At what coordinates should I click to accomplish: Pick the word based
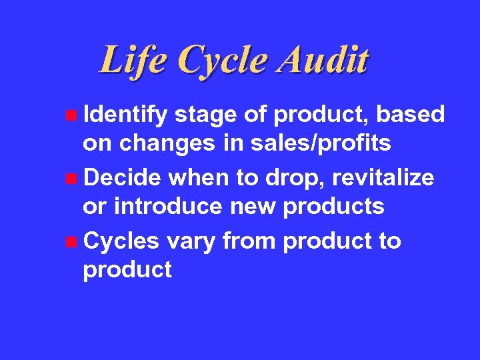pyautogui.click(x=410, y=115)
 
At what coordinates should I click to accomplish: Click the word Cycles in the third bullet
pyautogui.click(x=122, y=241)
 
